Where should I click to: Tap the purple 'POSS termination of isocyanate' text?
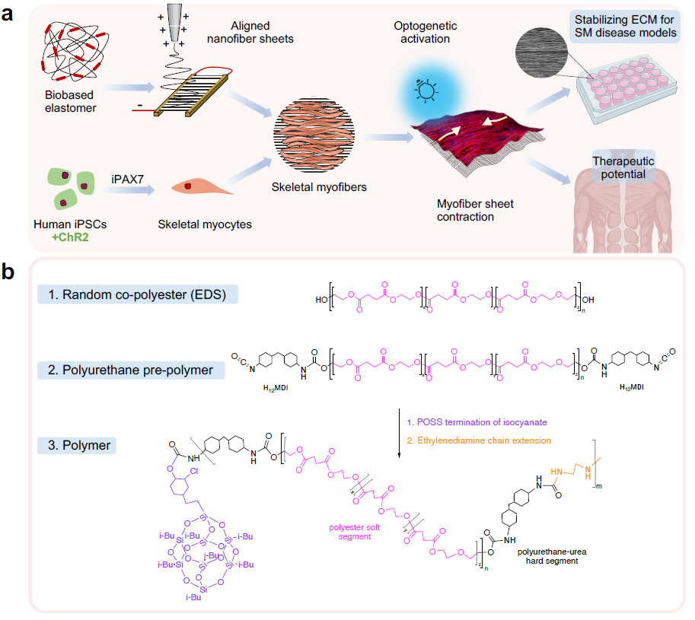(479, 422)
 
